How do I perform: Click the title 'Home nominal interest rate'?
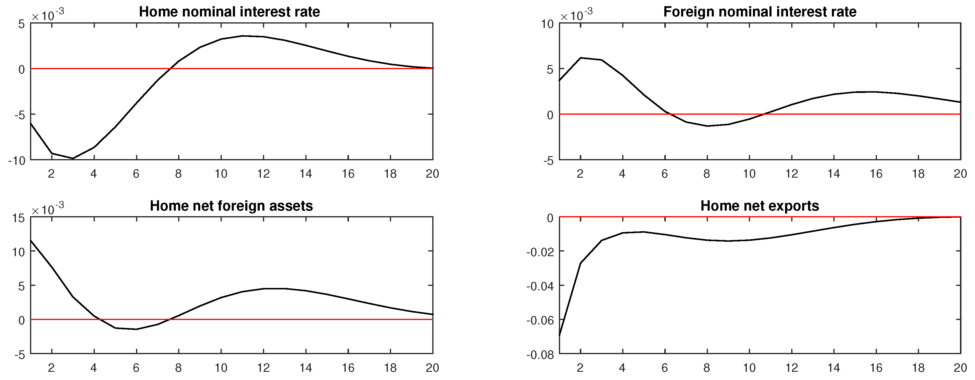pos(229,12)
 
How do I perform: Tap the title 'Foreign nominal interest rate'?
pos(760,12)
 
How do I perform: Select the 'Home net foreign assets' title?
pos(231,206)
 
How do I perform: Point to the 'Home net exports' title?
pos(760,206)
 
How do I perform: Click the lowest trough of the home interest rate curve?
pos(73,159)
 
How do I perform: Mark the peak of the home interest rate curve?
pos(243,36)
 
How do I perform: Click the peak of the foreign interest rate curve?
pos(581,58)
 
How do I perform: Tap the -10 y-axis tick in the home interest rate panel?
pos(17,161)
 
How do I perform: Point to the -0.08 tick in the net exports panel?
pos(540,355)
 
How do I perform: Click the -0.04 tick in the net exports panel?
pos(540,286)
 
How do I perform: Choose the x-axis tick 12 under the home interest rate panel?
pos(264,174)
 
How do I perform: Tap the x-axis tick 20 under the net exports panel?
pos(960,368)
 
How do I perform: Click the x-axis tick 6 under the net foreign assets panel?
pos(136,368)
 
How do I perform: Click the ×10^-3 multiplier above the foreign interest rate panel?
pos(576,15)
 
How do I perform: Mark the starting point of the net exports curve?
pos(559,335)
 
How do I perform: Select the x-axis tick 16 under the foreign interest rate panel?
pos(876,174)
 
